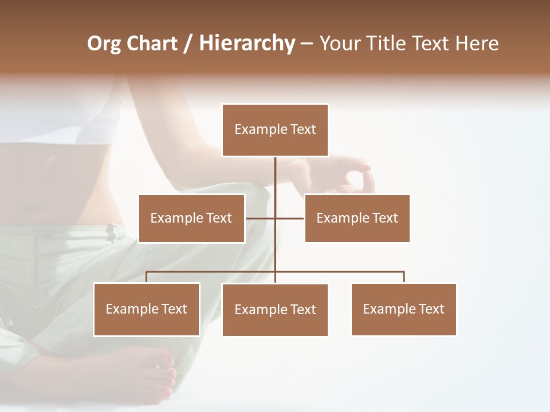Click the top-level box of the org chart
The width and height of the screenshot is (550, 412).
point(275,130)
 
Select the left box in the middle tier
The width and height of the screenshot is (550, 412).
point(191,218)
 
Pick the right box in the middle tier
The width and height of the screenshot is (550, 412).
point(357,218)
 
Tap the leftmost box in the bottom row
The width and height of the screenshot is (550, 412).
point(147,309)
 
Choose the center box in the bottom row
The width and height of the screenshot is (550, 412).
point(275,310)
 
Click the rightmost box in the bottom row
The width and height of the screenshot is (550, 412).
point(403,309)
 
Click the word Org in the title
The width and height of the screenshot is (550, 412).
point(104,43)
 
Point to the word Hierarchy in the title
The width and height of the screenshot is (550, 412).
point(247,43)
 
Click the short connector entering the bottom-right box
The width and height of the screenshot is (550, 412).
point(404,278)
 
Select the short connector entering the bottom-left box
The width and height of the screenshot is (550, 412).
point(147,278)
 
